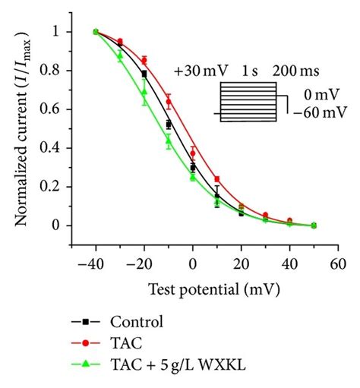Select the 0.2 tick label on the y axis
click(x=53, y=187)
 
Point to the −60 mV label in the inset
click(x=312, y=115)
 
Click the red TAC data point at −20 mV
click(x=144, y=60)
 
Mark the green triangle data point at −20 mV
click(x=144, y=92)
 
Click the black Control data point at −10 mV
click(x=169, y=124)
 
